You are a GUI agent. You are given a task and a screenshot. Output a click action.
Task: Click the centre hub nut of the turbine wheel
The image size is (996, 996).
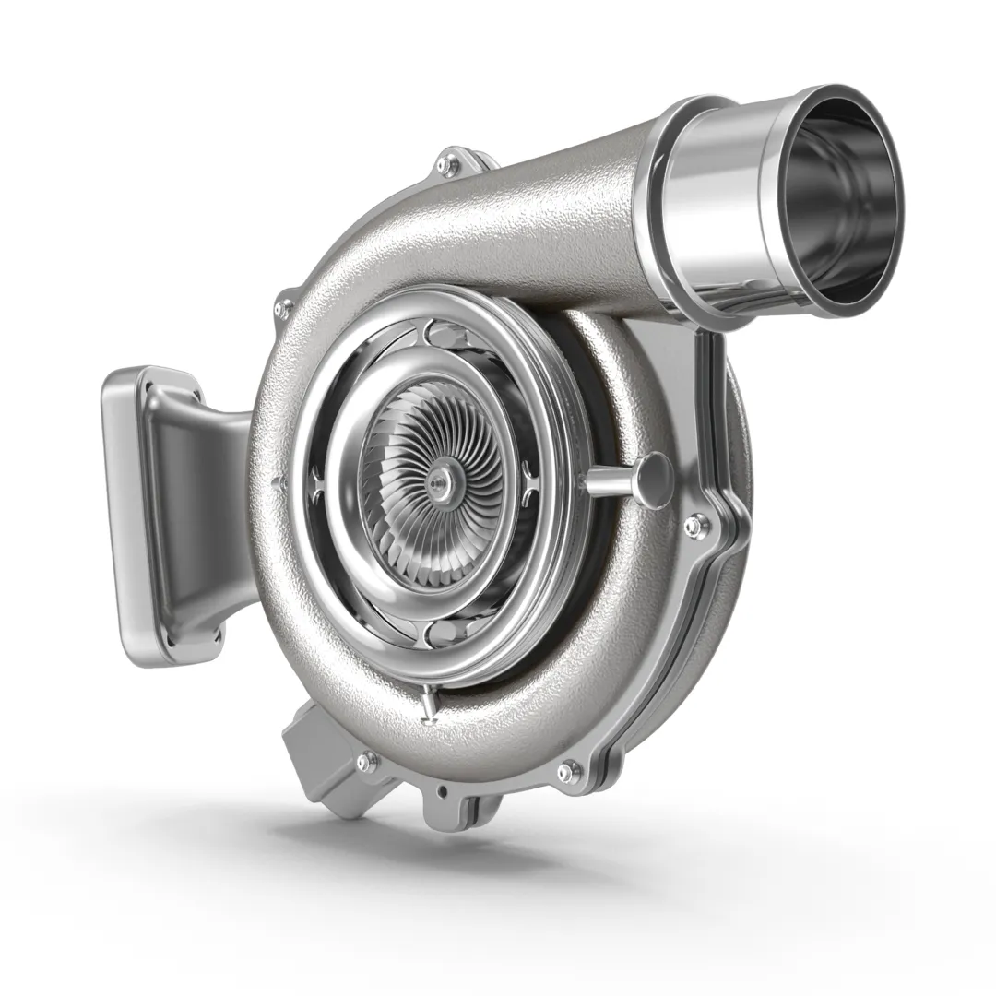coord(440,477)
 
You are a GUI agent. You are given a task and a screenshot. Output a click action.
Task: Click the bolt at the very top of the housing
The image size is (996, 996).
coord(449,165)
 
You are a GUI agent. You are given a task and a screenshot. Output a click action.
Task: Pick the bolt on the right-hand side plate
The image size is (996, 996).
coord(694,526)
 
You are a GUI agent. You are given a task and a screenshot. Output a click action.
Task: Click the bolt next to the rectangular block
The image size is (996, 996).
coord(367,762)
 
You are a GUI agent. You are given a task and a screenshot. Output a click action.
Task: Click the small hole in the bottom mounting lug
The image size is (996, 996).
coord(444,790)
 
